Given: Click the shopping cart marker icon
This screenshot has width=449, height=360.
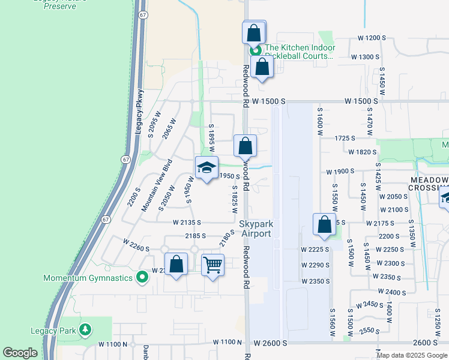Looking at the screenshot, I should pos(212,265).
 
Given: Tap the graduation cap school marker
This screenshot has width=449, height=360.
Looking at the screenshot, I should pos(206,169).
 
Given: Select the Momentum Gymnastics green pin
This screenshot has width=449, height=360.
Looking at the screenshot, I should pos(142,277).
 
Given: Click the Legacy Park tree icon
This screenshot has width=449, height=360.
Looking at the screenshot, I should pos(86,329).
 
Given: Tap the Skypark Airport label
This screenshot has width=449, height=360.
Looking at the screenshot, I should pos(256,229).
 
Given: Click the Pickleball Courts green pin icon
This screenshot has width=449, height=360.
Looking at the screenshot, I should pos(255,51).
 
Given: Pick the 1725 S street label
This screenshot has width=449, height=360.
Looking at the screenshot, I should pos(345,138).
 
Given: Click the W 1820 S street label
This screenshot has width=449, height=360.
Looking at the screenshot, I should pos(361,152).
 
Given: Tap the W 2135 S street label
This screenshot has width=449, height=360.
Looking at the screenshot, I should pos(191,222).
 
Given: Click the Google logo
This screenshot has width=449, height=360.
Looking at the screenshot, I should pos(20,352).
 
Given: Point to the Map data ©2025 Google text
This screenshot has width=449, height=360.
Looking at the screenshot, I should pos(412,355).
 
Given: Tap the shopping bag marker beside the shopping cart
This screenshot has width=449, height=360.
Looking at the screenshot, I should pos(176,265).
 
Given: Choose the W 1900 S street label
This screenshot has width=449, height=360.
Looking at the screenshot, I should pos(342,172).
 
